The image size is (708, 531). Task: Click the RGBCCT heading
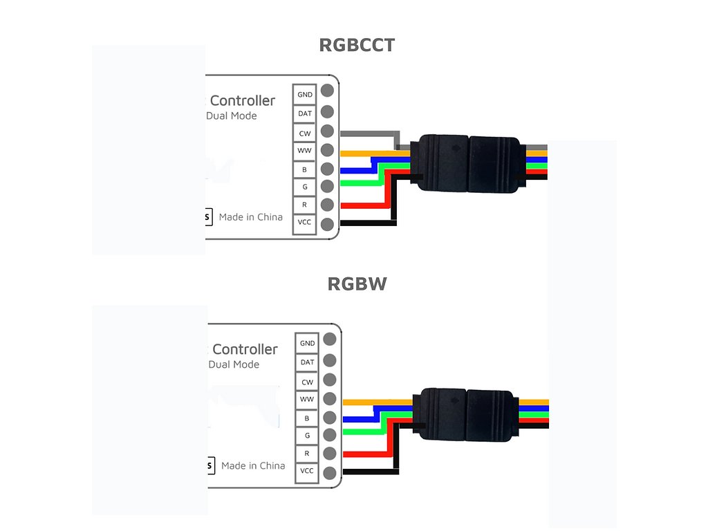(357, 46)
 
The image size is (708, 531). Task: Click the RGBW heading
(357, 285)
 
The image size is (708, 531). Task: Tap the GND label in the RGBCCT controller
(305, 94)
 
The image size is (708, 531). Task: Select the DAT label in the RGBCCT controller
(305, 113)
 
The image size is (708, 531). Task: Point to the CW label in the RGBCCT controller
(305, 133)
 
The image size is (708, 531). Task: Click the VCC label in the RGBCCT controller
(305, 222)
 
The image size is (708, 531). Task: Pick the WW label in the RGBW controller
(307, 400)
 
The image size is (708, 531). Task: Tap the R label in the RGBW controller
(307, 454)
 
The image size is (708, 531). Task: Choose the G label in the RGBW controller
(307, 436)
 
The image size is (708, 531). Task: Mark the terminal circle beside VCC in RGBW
(330, 474)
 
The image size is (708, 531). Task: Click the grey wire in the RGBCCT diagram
(366, 133)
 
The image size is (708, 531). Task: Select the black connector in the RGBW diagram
(467, 413)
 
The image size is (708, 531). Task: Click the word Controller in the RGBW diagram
(245, 349)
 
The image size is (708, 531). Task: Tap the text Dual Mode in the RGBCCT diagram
(232, 115)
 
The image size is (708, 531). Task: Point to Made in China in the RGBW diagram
(253, 466)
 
